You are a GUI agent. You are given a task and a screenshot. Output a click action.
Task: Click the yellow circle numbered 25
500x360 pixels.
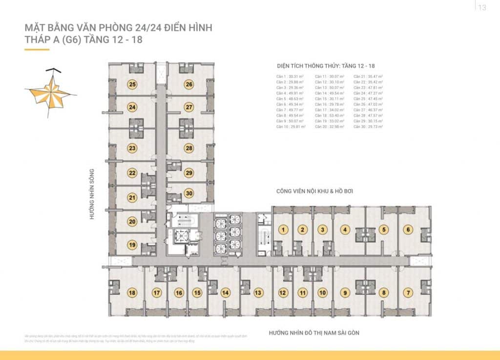[x=132, y=84]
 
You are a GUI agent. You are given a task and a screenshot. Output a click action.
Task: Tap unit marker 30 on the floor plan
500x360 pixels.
[x=189, y=193]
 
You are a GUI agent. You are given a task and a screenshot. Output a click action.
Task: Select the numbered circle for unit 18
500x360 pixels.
[x=132, y=293]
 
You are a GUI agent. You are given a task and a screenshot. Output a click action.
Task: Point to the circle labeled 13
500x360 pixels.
[x=258, y=293]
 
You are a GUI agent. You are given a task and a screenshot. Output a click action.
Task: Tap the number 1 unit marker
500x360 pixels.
[x=283, y=230]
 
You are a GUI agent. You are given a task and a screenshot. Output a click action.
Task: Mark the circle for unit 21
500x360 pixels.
[x=132, y=198]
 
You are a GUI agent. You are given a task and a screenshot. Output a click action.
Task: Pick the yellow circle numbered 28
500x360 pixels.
[x=189, y=148]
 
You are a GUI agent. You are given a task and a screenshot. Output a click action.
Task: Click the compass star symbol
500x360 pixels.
[x=48, y=93]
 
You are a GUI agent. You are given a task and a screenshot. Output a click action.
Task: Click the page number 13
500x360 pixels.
[x=482, y=7]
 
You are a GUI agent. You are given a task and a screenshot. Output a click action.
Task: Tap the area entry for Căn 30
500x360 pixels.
[x=369, y=127]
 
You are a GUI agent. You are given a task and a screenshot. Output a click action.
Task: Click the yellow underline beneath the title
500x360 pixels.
[x=37, y=49]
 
